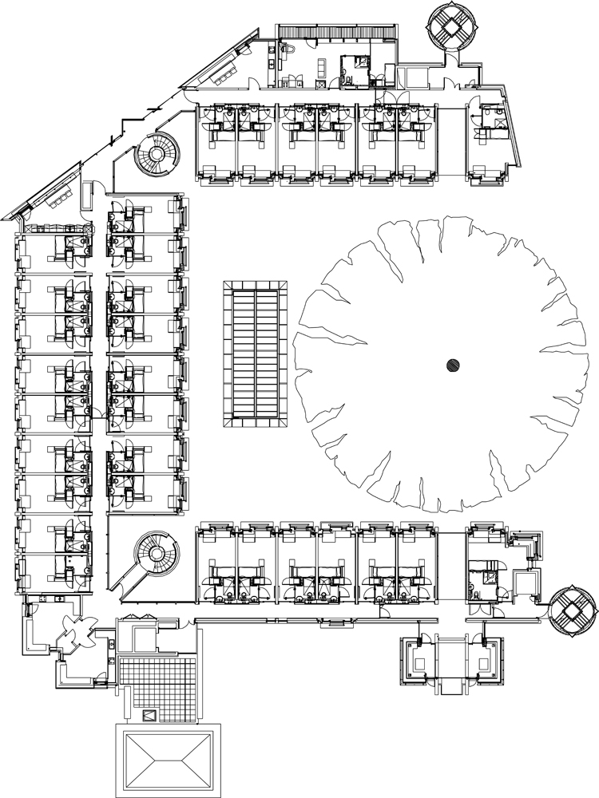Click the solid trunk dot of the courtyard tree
(x=453, y=365)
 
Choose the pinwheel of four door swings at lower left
(x=77, y=636)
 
